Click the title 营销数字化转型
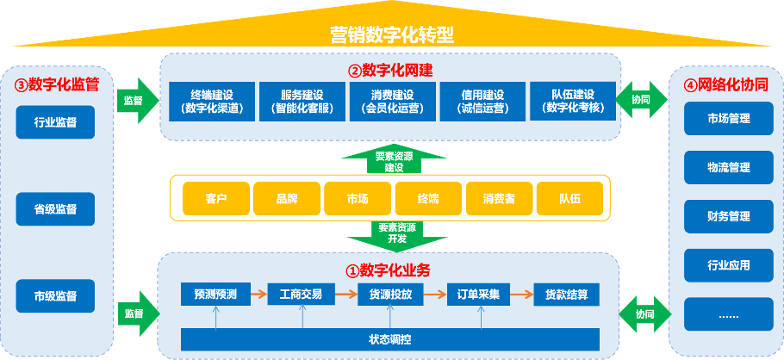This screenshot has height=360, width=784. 392,35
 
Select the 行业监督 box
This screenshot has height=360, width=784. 55,122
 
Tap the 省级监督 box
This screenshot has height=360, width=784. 55,209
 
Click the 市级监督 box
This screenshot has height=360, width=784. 55,295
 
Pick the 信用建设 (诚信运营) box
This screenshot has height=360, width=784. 482,102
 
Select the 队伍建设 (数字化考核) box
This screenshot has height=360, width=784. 573,102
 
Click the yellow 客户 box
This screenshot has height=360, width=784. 215,199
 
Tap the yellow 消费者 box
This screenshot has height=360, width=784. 499,199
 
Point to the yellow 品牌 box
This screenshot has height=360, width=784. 287,199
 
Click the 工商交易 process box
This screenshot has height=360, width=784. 301,295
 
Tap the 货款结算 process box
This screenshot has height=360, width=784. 566,295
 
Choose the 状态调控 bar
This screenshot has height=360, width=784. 389,339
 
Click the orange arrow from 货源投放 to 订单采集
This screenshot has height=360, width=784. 434,295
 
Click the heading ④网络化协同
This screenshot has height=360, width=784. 725,85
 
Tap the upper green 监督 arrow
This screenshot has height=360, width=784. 137,100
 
